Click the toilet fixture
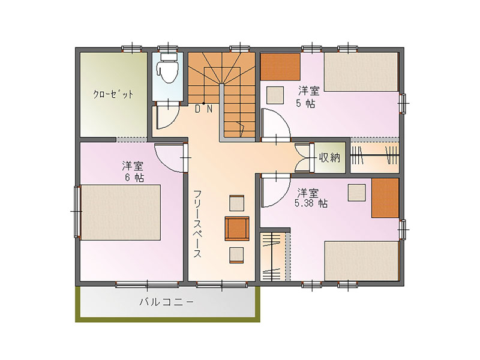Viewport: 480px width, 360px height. tap(167, 68)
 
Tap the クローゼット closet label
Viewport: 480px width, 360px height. tap(113, 94)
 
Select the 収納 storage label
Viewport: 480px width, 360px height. tap(329, 158)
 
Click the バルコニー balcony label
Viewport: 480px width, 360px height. tap(167, 302)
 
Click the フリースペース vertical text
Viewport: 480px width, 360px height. tap(197, 224)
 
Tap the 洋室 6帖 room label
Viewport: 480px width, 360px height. tap(133, 172)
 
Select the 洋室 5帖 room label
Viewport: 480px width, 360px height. tap(307, 97)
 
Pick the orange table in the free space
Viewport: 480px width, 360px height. tap(237, 229)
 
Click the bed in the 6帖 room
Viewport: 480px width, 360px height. tap(121, 212)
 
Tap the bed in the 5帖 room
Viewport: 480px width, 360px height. tap(361, 72)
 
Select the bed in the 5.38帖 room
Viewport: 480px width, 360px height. tap(362, 260)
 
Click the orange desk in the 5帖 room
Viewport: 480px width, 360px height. tap(280, 67)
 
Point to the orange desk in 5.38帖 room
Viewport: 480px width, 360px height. tap(385, 198)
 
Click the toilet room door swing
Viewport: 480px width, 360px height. tap(167, 118)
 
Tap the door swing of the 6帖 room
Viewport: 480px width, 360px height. tap(170, 158)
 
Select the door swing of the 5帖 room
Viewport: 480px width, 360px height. tap(275, 125)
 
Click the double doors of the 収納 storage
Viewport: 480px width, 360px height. tap(302, 158)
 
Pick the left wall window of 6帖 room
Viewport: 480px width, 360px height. tap(77, 211)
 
